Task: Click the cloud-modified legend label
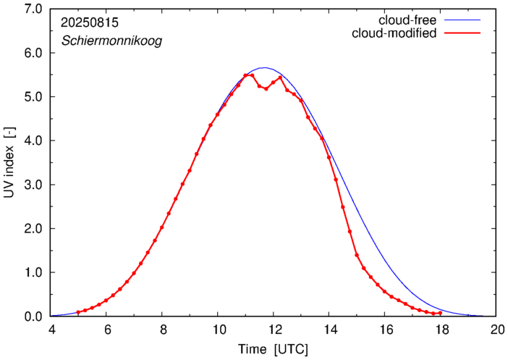(394, 33)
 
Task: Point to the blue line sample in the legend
(463, 20)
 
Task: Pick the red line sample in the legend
(463, 34)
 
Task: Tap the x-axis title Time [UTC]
(274, 350)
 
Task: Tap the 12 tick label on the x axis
(274, 330)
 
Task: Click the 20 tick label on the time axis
(496, 330)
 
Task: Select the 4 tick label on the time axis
(51, 330)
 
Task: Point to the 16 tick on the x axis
(385, 330)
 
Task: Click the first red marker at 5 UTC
(78, 312)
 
